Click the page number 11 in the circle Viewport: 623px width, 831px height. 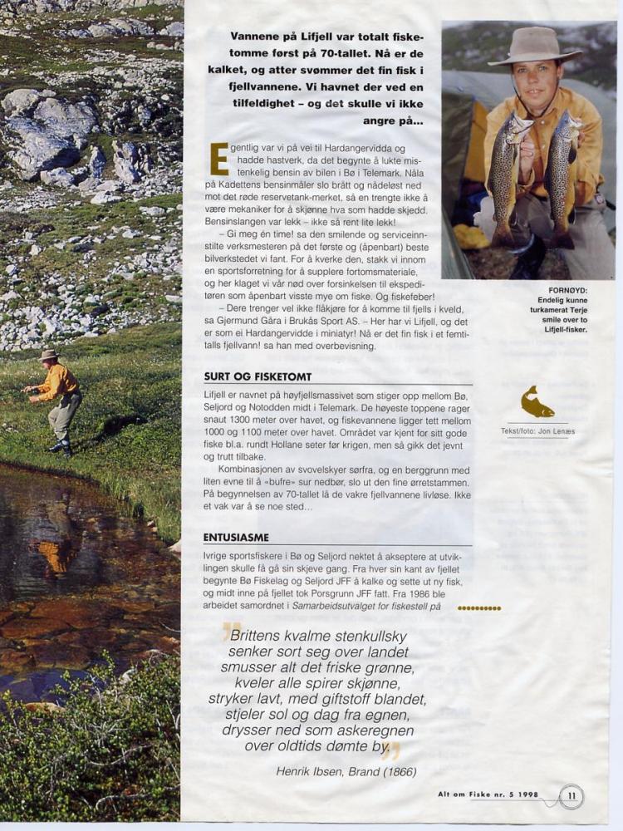click(x=571, y=796)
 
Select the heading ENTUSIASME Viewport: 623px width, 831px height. click(x=236, y=538)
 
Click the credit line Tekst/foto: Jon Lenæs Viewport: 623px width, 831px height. click(x=537, y=430)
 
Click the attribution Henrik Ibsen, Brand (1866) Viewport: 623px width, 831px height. click(x=346, y=771)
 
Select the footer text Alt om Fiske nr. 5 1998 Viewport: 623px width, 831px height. click(x=488, y=794)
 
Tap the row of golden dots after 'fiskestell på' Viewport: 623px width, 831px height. click(x=479, y=608)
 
